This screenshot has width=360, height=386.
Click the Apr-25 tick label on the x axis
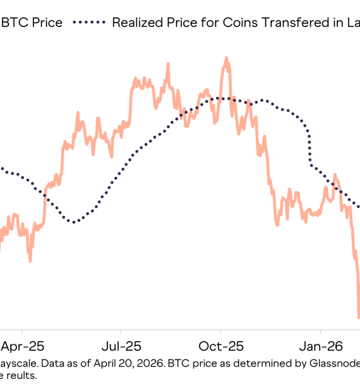click(x=23, y=345)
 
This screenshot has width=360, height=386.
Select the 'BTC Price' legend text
click(x=32, y=23)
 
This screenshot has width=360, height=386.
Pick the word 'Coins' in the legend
click(x=238, y=23)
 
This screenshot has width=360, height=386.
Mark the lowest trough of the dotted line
click(x=75, y=223)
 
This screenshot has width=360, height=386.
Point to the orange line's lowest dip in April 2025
click(x=30, y=261)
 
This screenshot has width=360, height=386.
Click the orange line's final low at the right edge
click(x=359, y=317)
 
